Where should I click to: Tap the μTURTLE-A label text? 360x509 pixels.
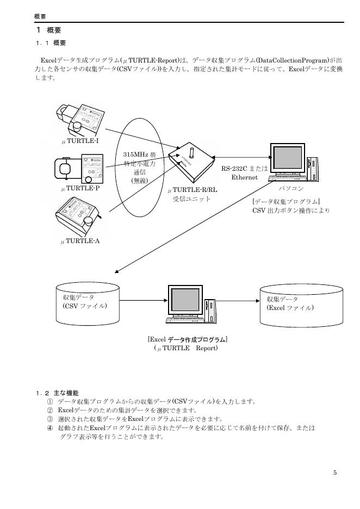[80, 240]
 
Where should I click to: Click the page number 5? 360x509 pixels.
[335, 473]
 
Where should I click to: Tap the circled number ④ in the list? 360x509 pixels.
[49, 428]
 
